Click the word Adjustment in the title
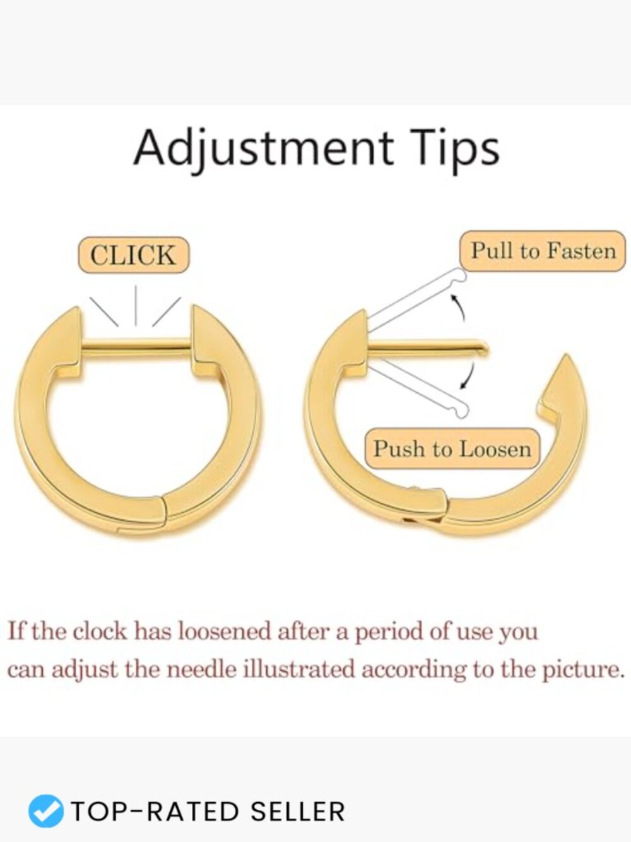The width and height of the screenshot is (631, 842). click(263, 148)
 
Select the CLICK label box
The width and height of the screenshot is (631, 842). click(133, 255)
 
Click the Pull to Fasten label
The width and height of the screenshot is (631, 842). click(543, 251)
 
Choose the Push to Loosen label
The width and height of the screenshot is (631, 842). click(452, 449)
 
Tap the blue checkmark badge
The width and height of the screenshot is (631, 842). click(45, 812)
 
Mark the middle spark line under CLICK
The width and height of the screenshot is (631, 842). click(136, 305)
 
